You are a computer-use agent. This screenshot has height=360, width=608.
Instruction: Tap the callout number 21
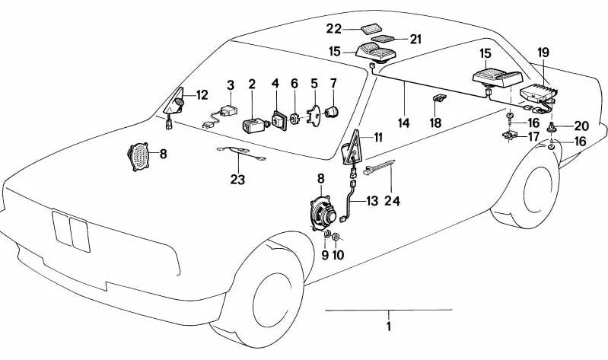pos(415,39)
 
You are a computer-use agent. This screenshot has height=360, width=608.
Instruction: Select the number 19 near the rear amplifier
pos(543,53)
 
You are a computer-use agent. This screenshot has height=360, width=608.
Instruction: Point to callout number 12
pos(202,95)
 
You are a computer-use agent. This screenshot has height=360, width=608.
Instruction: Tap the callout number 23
pos(238,180)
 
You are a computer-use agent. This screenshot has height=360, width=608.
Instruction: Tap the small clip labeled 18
pos(439,99)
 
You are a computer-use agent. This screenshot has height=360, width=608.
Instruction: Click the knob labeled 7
pos(331,112)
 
